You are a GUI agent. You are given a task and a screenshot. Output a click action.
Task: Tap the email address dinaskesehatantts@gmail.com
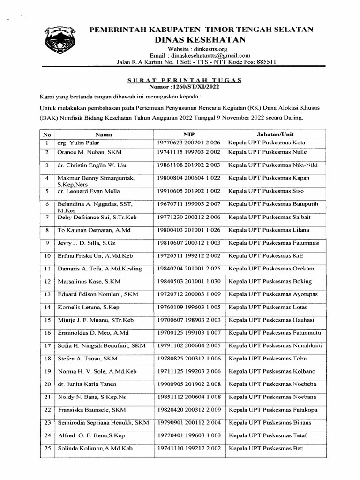(x=210, y=55)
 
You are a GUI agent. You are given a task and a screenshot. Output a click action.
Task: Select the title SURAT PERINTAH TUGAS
(x=184, y=80)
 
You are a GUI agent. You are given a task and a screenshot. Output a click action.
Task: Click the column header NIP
(x=189, y=134)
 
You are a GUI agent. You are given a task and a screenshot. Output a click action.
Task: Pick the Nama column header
(x=104, y=134)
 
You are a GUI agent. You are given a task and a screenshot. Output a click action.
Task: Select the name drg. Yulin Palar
(x=78, y=142)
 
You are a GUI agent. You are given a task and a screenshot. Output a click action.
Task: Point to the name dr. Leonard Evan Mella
(x=89, y=191)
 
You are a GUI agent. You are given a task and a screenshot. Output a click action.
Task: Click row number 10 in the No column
(x=47, y=255)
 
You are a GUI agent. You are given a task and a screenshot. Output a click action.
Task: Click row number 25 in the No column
(x=47, y=449)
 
